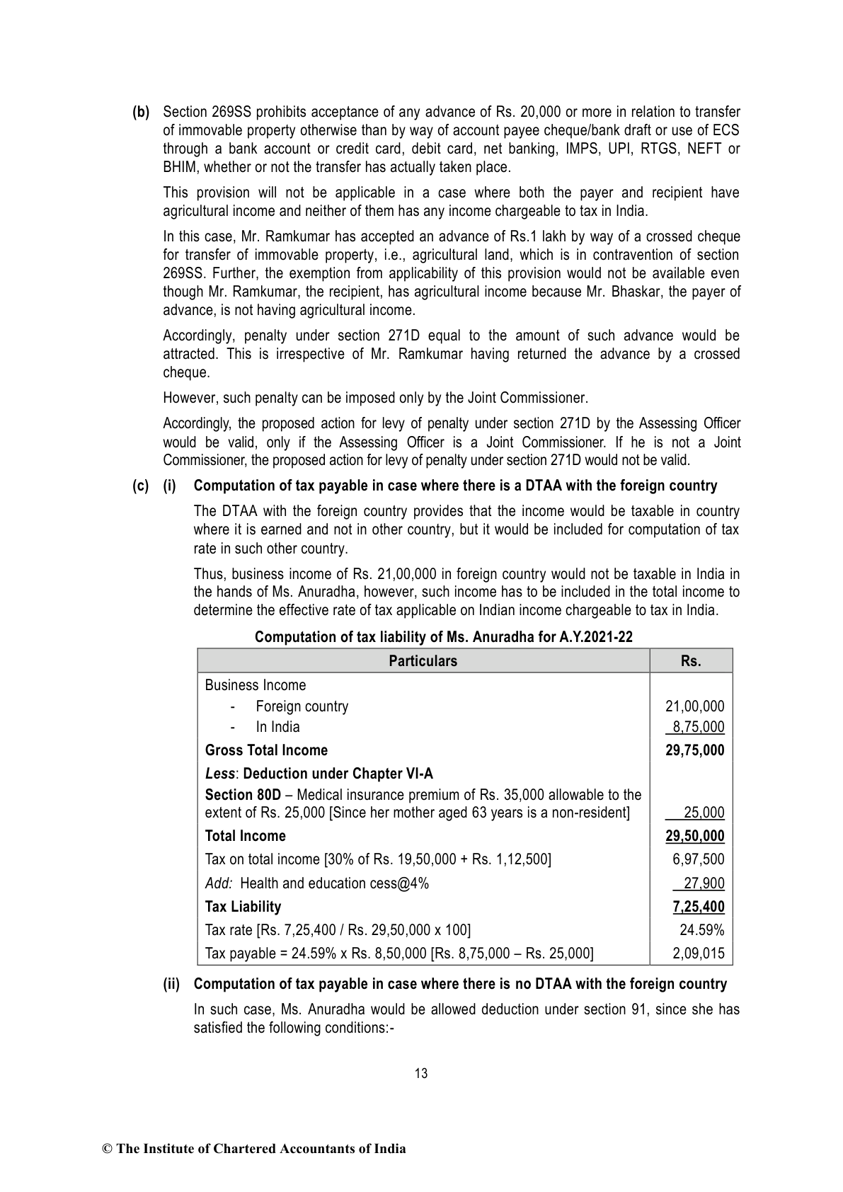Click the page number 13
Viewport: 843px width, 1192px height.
click(421, 1073)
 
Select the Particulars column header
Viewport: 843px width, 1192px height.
click(423, 661)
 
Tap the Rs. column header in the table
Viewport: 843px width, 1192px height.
click(691, 661)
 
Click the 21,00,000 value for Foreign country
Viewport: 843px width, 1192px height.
click(694, 706)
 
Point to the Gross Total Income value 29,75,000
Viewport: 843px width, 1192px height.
click(694, 750)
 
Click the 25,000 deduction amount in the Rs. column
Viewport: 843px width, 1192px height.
click(704, 813)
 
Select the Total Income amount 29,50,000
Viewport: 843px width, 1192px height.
click(694, 836)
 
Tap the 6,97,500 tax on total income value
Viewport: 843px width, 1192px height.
click(698, 859)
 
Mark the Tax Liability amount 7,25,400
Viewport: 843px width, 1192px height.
click(698, 907)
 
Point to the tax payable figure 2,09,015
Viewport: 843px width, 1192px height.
click(698, 953)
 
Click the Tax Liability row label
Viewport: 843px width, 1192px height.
click(243, 907)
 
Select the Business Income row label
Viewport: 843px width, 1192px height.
click(256, 685)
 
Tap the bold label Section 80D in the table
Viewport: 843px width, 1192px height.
click(243, 795)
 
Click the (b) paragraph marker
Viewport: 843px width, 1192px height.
click(142, 112)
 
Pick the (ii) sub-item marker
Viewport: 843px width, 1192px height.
click(171, 984)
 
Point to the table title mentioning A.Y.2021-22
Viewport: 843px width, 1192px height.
click(444, 636)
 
